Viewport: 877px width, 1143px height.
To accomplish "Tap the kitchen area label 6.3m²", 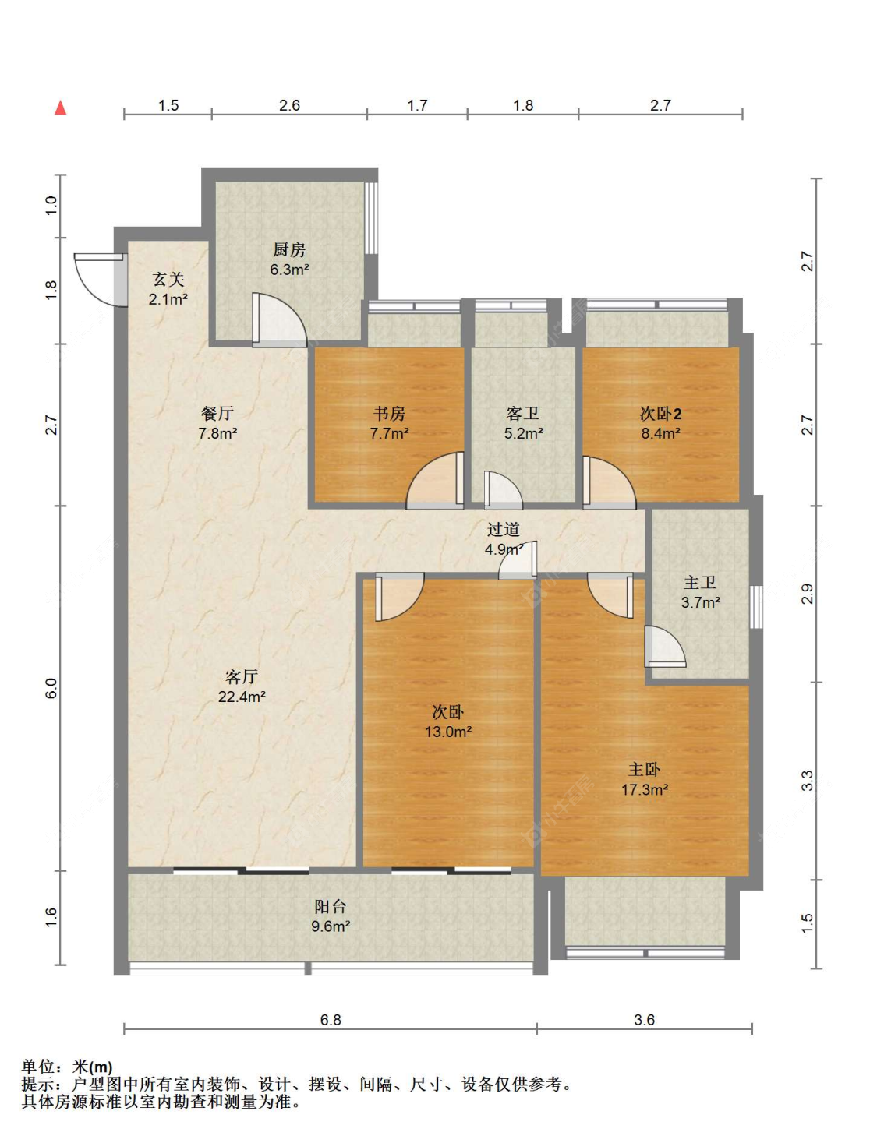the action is tap(289, 270).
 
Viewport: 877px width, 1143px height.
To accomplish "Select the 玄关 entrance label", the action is tap(168, 279).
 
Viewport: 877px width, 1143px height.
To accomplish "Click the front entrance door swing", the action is tap(100, 280).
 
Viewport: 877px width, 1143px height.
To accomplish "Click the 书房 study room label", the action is tap(389, 414).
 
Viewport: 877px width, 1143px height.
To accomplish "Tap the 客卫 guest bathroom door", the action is tap(503, 490).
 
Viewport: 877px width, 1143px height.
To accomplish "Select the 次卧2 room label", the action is tap(660, 414).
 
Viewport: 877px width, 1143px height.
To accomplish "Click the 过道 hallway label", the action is tap(504, 530).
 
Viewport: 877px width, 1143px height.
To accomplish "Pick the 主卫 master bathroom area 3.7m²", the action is tap(700, 602).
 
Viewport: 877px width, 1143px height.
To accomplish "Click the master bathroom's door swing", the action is tap(665, 647).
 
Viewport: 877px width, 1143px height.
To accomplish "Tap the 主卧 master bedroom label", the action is tap(644, 770).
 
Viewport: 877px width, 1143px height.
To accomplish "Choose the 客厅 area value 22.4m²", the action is tap(242, 697).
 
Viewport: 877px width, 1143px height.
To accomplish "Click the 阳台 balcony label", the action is tap(331, 906).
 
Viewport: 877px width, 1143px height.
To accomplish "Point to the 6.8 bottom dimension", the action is tap(331, 1020).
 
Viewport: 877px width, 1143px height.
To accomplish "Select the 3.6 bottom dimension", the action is tap(644, 1020).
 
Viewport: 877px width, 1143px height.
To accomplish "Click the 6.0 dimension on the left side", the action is tap(51, 689).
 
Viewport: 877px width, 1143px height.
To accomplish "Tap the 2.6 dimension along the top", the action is tap(289, 106).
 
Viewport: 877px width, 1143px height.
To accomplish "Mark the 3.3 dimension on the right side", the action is tap(808, 781).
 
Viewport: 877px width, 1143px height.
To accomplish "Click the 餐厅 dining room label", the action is tap(217, 414).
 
